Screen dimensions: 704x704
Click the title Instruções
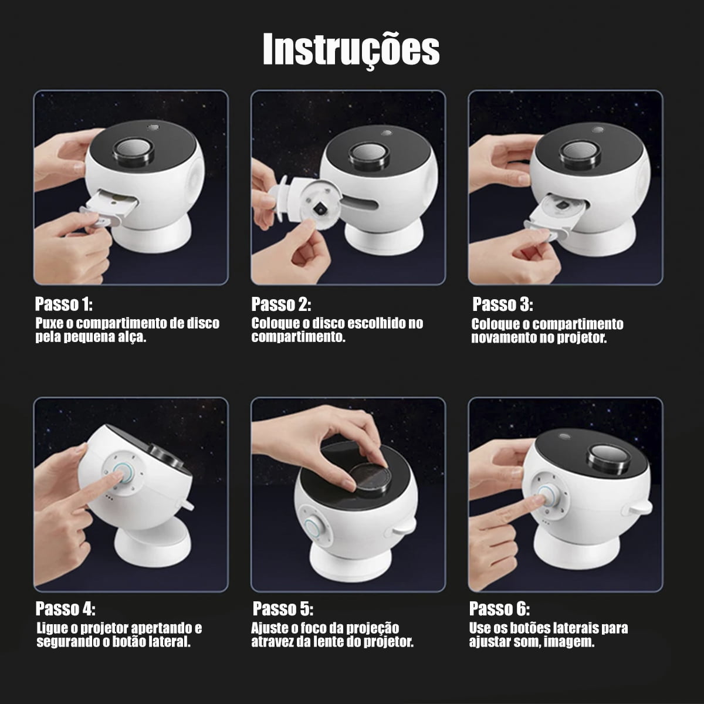[x=351, y=50]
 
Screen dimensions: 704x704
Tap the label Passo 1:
[x=64, y=304]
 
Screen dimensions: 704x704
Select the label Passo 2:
[x=281, y=304]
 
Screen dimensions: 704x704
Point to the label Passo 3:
[x=502, y=304]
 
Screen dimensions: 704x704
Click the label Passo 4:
[x=65, y=608]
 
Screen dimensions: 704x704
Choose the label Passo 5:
[x=283, y=608]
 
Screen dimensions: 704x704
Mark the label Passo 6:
[x=499, y=608]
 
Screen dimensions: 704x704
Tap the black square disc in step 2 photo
[x=321, y=207]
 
